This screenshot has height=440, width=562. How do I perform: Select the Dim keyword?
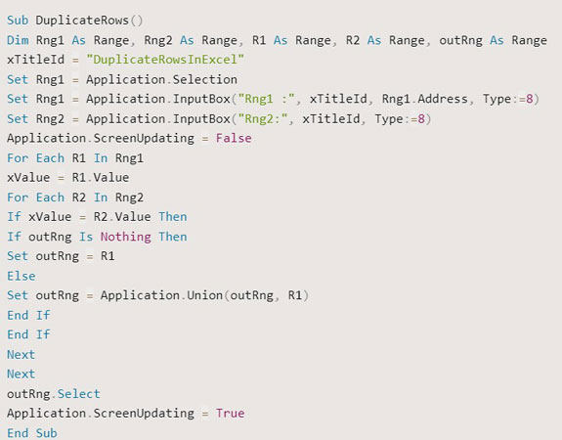pos(18,40)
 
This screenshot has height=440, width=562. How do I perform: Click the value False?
pos(234,138)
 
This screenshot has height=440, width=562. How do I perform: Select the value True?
pos(230,413)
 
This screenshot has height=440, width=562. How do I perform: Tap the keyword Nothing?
pos(125,237)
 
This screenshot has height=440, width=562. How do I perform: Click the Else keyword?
pos(21,276)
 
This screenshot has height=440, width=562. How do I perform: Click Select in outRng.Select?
pos(78,393)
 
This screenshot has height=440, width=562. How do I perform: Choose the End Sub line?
pos(31,432)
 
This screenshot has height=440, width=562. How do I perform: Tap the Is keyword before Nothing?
pos(86,237)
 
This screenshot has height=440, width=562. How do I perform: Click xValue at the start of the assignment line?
pos(27,177)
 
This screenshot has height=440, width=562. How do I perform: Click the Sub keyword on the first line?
pos(18,21)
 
